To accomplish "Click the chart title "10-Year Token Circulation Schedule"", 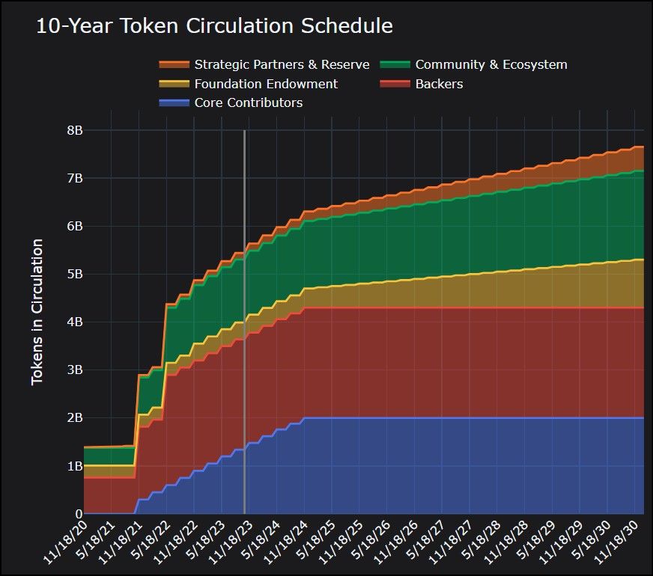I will (214, 25).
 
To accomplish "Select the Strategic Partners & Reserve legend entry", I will (282, 64).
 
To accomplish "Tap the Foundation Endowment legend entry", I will (266, 84).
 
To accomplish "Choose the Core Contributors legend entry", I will (249, 102).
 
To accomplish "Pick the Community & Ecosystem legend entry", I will (491, 64).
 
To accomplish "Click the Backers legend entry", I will (439, 84).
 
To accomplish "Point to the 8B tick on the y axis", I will (74, 130).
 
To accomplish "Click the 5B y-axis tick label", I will (74, 274).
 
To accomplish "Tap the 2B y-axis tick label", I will (74, 417).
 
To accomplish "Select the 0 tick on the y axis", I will (79, 514).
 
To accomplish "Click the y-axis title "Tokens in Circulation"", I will (37, 312).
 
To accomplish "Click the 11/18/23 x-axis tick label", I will (232, 545).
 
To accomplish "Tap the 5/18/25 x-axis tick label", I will (315, 545).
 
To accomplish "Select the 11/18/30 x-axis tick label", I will (620, 545).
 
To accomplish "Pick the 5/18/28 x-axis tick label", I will (481, 545).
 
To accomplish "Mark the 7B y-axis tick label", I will (74, 178).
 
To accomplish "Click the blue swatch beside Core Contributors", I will (174, 102).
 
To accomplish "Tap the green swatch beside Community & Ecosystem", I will (395, 64).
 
